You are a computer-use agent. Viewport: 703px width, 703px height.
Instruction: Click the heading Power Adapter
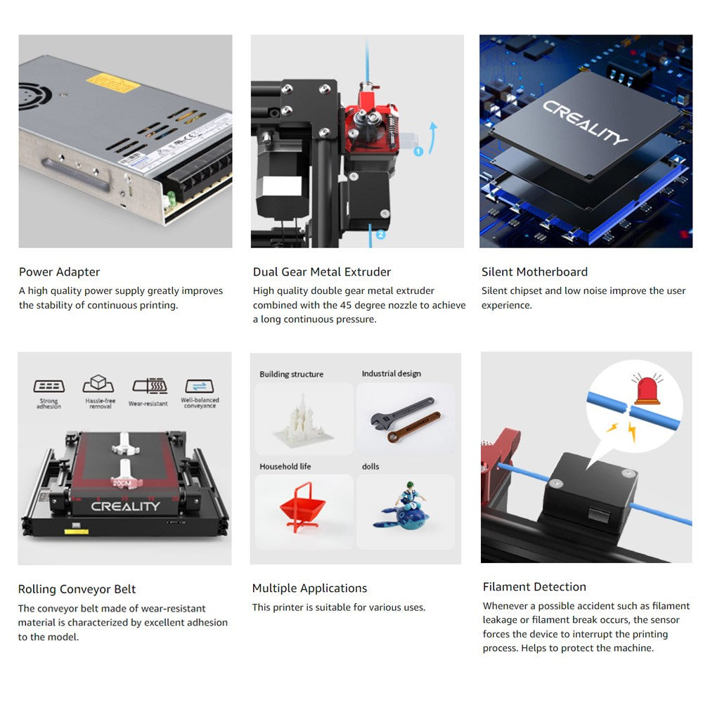tap(59, 272)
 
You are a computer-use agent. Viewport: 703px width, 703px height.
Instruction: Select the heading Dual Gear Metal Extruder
tap(322, 272)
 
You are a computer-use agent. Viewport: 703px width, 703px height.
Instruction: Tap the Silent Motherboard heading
tap(534, 272)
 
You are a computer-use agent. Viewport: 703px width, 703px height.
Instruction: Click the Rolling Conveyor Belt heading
tap(77, 589)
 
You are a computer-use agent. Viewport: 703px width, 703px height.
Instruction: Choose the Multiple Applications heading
tap(309, 588)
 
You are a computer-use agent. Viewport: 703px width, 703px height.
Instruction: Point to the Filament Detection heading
tap(534, 587)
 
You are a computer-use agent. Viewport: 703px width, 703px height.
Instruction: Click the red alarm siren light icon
tap(646, 389)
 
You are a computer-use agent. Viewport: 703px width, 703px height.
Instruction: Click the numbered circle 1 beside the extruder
tap(418, 151)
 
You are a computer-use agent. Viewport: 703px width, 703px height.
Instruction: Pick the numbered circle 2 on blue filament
tap(380, 234)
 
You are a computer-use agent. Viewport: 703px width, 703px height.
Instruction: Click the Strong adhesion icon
tap(49, 387)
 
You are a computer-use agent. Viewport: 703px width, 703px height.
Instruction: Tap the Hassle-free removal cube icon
tap(98, 385)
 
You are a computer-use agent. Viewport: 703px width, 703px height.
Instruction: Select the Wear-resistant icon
tap(149, 387)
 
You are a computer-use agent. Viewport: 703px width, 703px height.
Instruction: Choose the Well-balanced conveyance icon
tap(200, 387)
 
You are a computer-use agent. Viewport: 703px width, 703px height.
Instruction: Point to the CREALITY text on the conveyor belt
tap(125, 505)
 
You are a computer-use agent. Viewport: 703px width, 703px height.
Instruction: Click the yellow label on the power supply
tap(113, 81)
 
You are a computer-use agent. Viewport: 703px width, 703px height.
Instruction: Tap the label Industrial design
tap(391, 374)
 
